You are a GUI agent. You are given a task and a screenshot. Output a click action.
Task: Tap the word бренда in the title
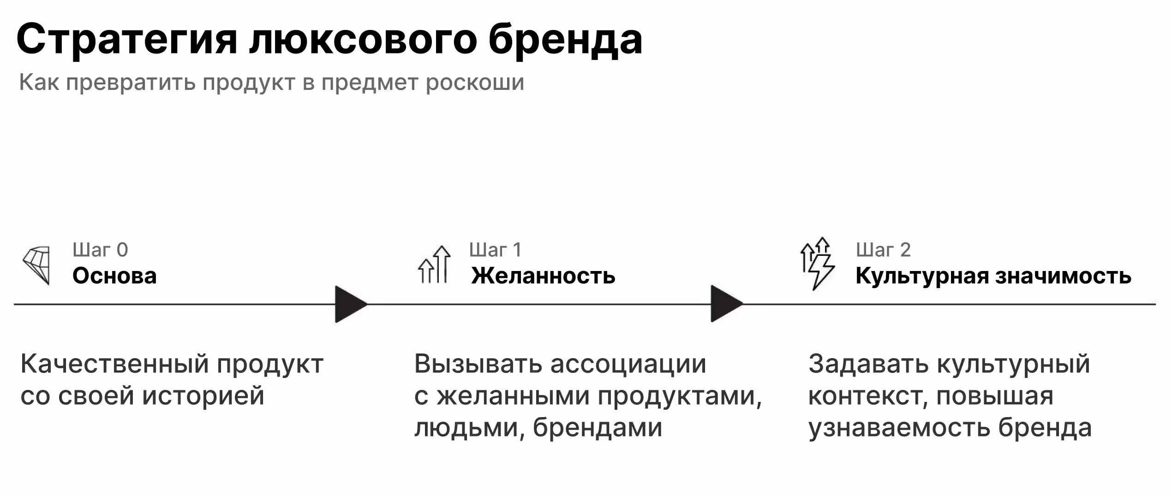tap(565, 40)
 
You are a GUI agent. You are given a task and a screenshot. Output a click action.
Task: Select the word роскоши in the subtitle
tap(475, 83)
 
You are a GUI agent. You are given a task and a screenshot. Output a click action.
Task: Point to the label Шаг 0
tap(100, 250)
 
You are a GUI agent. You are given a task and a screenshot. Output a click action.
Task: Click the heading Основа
tap(114, 276)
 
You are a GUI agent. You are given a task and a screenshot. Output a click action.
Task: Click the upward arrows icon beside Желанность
tap(434, 265)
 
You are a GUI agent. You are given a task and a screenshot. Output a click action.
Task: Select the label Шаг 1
tap(495, 250)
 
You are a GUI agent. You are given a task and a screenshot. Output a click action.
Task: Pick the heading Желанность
tap(543, 276)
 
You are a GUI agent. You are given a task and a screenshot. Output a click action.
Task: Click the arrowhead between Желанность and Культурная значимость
tap(726, 304)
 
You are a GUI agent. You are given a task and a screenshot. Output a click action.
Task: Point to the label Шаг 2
tap(883, 250)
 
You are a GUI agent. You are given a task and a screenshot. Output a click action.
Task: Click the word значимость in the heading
tap(1063, 276)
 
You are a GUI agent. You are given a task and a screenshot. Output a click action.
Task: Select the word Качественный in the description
tap(115, 365)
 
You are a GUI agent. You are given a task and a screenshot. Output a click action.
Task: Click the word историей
tap(203, 396)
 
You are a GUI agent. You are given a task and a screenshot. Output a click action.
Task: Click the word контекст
tap(867, 396)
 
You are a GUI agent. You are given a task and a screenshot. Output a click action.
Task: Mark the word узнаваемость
tap(899, 428)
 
